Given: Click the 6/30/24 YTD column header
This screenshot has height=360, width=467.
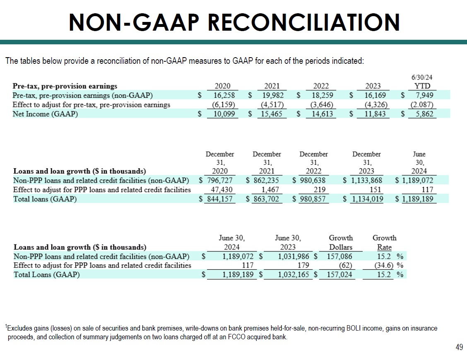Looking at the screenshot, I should (422, 82).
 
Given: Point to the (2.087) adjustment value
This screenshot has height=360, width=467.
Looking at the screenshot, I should (422, 104).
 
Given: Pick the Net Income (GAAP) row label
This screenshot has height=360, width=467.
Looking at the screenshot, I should (45, 114).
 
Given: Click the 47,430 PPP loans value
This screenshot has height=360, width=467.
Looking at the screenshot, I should (221, 190).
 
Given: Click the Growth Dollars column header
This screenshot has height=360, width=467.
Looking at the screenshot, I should (341, 243).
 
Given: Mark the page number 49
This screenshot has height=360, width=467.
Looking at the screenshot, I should (459, 348).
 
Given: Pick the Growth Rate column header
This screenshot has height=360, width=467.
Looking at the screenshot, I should (385, 243).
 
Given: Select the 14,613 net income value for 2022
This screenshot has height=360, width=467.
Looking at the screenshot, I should (320, 114).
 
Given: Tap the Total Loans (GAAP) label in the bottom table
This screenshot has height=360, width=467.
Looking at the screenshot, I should (47, 274).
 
